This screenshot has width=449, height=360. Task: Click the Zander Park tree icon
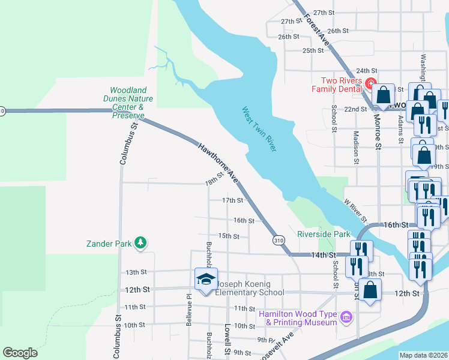(140, 243)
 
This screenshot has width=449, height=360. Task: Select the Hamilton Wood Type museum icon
(346, 317)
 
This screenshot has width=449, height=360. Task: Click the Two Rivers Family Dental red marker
(370, 82)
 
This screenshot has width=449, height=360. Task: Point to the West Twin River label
(259, 128)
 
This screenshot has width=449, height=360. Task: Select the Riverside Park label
(324, 234)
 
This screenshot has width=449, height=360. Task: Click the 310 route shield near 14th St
(279, 240)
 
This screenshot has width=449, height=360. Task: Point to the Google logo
(20, 352)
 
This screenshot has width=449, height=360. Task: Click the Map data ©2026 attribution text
(423, 355)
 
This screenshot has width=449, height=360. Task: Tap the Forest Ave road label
(316, 29)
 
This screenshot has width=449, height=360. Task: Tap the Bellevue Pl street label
(188, 305)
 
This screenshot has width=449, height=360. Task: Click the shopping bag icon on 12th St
(371, 290)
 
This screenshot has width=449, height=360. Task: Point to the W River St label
(355, 211)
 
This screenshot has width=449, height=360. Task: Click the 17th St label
(232, 200)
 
